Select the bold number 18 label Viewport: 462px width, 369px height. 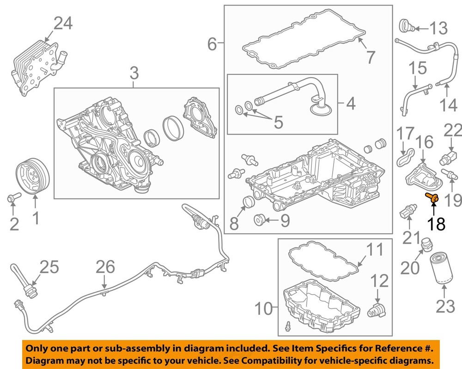(436, 224)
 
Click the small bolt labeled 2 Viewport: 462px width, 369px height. (12, 198)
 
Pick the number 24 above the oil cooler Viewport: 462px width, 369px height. (63, 24)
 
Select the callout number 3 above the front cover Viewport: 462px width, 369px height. (134, 73)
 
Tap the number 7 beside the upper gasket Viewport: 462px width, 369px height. (371, 57)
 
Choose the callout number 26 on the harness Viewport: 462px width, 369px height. (105, 267)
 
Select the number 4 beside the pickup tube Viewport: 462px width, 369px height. (351, 104)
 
